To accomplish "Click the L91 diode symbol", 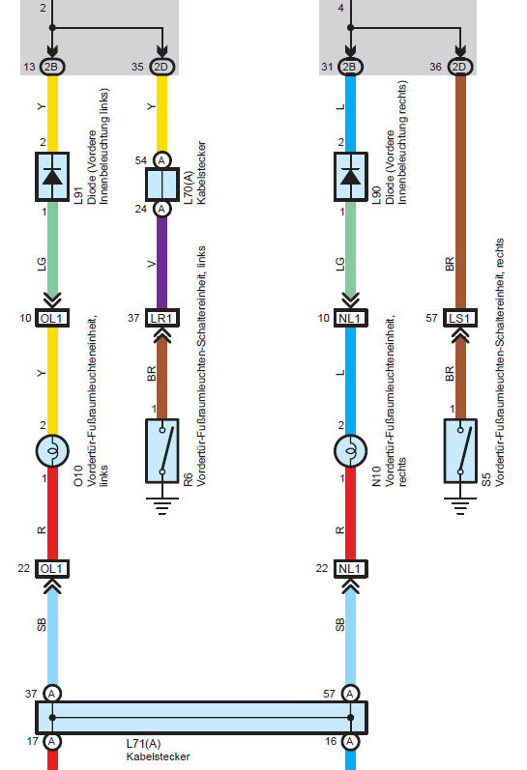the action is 52,176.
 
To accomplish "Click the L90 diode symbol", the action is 350,176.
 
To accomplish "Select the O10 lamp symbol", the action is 52,451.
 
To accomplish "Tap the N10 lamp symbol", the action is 350,451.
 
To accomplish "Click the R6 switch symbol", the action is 162,451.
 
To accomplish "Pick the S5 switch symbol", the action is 460,451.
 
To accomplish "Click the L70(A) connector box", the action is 162,185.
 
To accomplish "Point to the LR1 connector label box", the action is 162,318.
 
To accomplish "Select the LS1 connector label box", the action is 460,318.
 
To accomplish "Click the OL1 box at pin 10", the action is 52,318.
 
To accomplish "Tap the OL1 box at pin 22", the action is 52,569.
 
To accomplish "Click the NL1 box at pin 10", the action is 350,318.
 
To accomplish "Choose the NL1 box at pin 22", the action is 350,569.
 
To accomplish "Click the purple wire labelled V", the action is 162,262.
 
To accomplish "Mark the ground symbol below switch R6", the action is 162,506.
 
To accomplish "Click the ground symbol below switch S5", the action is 460,506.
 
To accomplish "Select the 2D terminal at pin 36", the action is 460,67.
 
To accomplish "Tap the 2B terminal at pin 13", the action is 52,67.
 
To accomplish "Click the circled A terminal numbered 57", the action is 350,694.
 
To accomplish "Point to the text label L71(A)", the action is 143,744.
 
